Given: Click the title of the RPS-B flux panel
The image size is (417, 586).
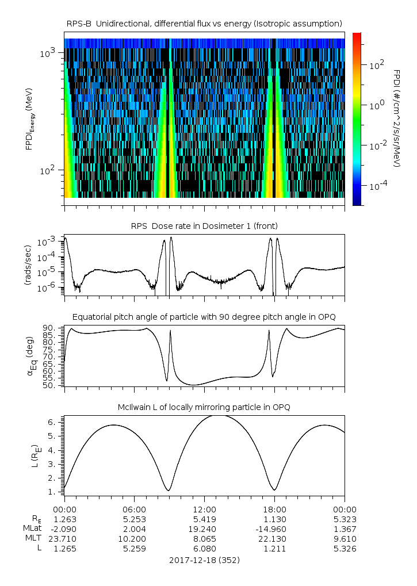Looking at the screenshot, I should coord(204,23).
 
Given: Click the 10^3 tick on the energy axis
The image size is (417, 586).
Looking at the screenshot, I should coord(48,53).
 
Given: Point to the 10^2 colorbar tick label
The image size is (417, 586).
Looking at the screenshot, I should coord(377,66).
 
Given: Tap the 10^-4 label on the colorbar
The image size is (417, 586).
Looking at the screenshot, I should coord(378,186).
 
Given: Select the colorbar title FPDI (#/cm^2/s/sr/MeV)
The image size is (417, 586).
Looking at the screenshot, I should coord(397,118).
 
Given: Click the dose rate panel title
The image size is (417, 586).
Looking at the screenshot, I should coord(204,225).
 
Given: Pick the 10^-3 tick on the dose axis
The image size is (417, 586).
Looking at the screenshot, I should coord(51,243).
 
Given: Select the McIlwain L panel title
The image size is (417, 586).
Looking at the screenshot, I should coord(204,407).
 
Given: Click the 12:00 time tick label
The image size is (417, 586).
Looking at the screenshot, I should coord(204,509).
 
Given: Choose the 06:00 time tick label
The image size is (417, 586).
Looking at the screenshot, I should coord(135,509).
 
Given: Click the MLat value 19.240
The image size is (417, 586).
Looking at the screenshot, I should coord(204,528).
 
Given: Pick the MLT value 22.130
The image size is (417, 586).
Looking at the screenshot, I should coord(274,538).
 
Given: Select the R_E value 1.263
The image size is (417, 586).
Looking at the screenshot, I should coord(64,519).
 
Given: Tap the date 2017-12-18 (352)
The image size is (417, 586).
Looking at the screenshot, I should coord(204,560).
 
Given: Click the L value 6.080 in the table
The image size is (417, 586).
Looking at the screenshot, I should coord(204,549).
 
